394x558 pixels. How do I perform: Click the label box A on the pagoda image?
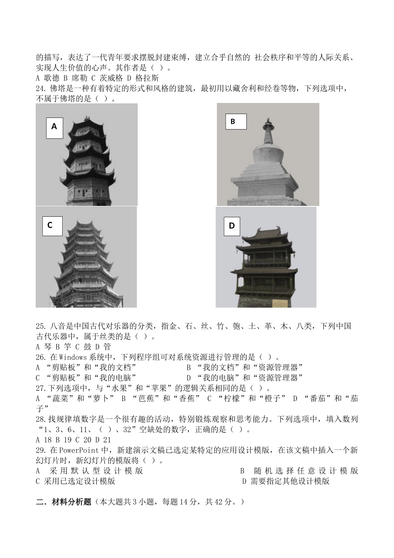[54, 126]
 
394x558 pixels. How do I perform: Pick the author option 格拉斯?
[147, 78]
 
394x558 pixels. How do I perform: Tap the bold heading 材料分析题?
[71, 502]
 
